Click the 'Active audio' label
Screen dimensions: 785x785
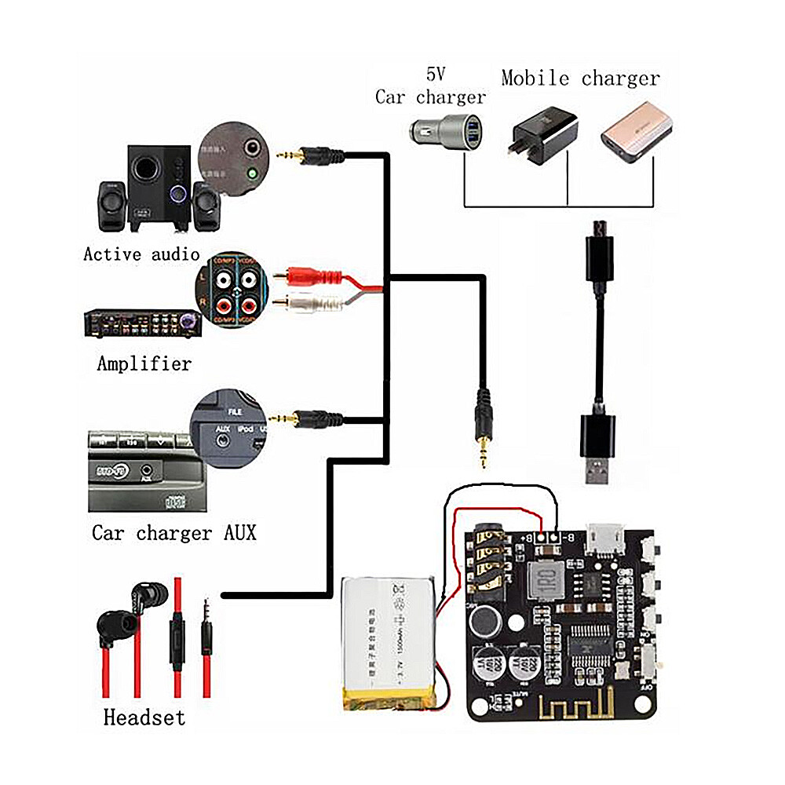pos(141,254)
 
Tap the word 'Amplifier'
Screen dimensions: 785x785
pos(144,363)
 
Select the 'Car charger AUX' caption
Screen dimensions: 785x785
pos(173,533)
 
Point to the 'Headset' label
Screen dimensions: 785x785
pos(144,717)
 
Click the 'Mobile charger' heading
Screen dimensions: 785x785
pos(580,78)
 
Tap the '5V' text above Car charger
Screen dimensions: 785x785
pos(435,75)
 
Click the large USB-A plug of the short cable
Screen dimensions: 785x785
pos(599,451)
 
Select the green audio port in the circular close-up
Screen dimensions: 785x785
pos(252,173)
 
